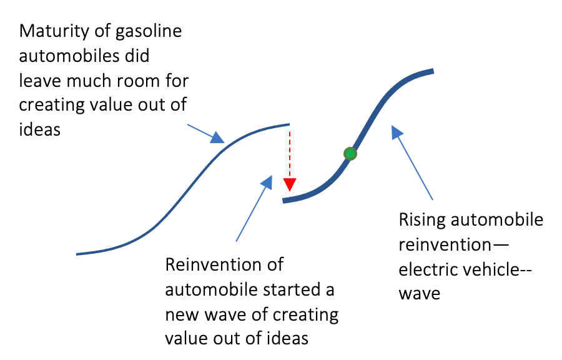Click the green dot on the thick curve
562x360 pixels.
click(x=350, y=154)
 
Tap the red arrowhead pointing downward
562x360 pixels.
click(x=290, y=184)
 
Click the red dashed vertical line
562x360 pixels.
click(x=290, y=155)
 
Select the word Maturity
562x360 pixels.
click(x=54, y=31)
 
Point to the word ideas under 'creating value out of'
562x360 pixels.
click(x=39, y=129)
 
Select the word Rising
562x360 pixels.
click(x=422, y=220)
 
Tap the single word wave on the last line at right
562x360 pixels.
click(x=420, y=294)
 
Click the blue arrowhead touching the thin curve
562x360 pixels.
click(x=217, y=137)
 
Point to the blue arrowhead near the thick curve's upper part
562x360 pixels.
click(x=397, y=132)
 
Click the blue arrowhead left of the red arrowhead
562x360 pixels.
click(x=267, y=182)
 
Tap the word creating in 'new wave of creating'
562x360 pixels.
click(x=305, y=315)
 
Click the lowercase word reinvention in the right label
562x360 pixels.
click(x=445, y=245)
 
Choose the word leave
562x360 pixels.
click(x=40, y=81)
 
